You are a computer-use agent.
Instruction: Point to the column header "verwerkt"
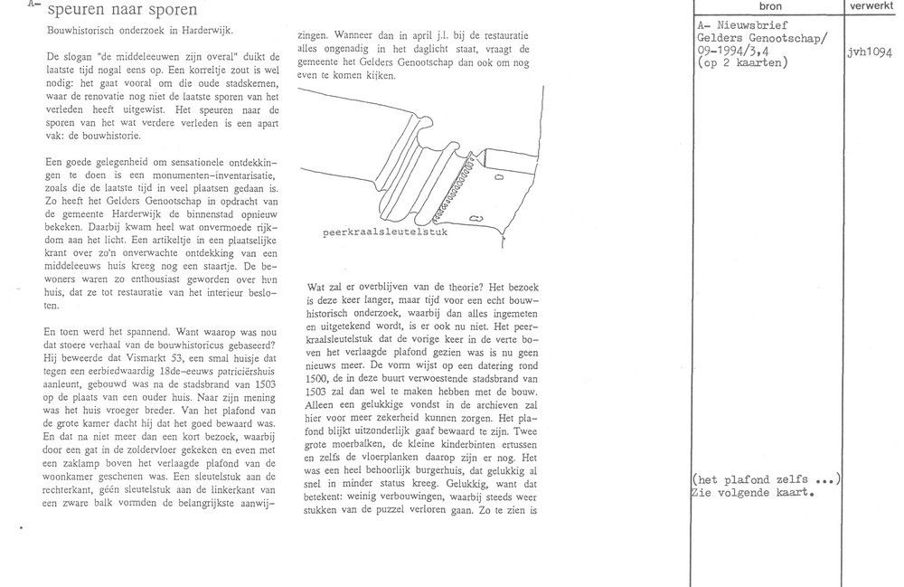[x=871, y=6]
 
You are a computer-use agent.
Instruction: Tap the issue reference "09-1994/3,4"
[x=741, y=51]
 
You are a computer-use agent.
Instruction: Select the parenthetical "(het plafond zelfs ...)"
[x=765, y=479]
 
